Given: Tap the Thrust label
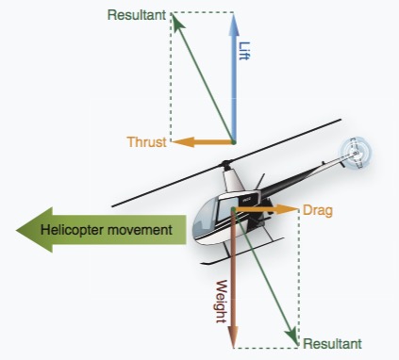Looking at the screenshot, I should (146, 142).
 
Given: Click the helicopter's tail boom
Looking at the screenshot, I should (302, 172).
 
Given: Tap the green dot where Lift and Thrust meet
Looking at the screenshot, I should (233, 142).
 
